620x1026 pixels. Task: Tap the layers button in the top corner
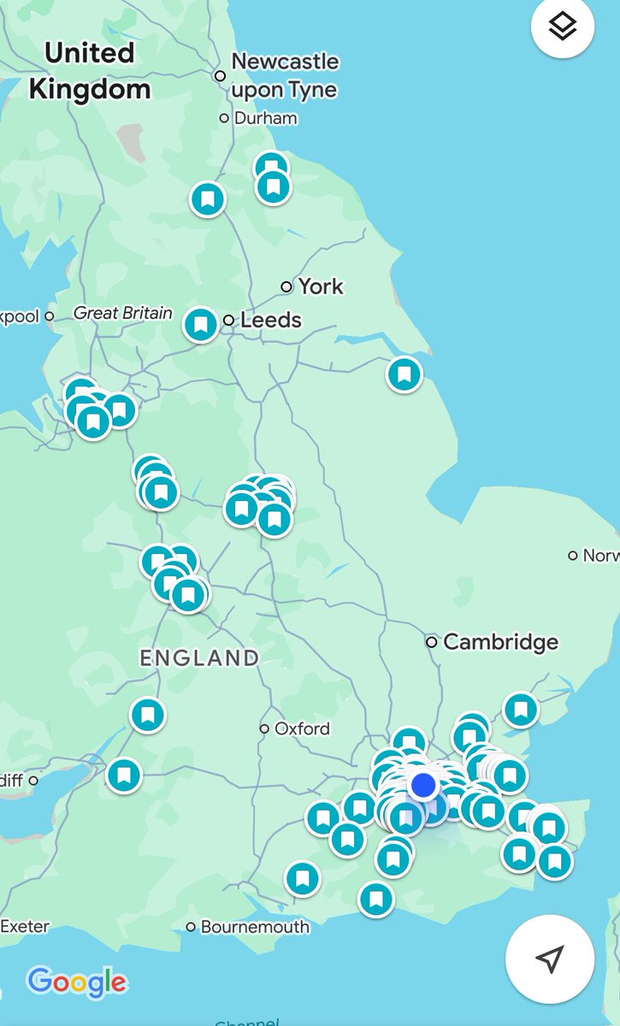tap(563, 28)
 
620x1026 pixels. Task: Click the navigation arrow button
tap(550, 958)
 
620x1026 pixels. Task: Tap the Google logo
tap(77, 982)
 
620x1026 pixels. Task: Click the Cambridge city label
tap(500, 641)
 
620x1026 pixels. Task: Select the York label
tap(321, 286)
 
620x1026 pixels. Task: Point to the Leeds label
tap(271, 321)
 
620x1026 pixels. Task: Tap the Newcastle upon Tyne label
tap(285, 75)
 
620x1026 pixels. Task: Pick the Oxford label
tap(302, 728)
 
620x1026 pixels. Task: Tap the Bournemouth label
tap(255, 927)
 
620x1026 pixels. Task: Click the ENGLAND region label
tap(199, 657)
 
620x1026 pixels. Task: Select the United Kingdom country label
tap(90, 70)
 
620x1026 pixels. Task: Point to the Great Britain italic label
tap(123, 313)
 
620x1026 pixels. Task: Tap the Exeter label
tap(25, 926)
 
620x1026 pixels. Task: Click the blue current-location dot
tap(423, 784)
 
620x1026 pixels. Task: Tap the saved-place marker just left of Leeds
tap(201, 325)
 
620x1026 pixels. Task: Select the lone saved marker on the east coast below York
tap(404, 374)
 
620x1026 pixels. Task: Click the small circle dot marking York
tap(287, 286)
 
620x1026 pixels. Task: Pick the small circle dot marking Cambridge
tap(432, 641)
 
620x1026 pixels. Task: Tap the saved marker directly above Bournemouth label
tap(302, 878)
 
